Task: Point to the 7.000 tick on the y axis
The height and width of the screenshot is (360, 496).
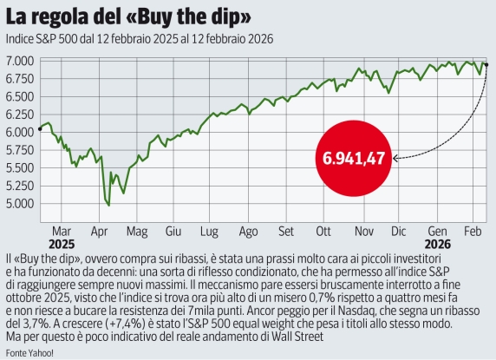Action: (20, 61)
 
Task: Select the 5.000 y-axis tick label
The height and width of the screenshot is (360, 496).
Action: (20, 204)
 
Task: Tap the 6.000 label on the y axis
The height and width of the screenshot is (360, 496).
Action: (20, 133)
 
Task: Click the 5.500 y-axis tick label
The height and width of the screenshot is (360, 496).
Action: (20, 168)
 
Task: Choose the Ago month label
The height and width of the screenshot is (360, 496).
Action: (248, 232)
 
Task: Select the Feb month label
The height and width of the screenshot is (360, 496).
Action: (473, 232)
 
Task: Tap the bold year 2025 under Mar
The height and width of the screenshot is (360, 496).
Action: (62, 245)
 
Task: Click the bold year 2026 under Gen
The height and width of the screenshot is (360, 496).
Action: (437, 245)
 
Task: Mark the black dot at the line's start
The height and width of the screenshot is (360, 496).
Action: (41, 128)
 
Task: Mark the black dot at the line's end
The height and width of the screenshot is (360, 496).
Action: (486, 64)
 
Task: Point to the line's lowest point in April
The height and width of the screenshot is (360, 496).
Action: (108, 205)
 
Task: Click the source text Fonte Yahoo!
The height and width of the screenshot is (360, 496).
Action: (29, 352)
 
